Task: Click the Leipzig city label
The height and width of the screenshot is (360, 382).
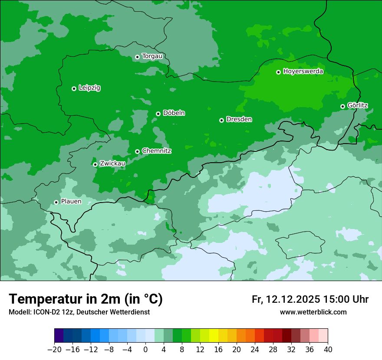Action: coord(89,88)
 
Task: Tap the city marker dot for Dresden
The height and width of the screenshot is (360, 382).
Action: coord(221,120)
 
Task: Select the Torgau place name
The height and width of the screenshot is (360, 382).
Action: coord(152,56)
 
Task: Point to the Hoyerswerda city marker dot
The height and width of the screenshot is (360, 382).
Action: coord(278,72)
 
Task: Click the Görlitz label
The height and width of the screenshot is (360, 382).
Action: coord(357,105)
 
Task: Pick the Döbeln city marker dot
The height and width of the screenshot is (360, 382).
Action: coord(158,114)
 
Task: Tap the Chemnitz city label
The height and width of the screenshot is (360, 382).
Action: coord(156,151)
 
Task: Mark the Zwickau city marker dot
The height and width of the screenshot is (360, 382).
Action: coord(95,164)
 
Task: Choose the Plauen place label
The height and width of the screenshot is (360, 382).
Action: coord(71,202)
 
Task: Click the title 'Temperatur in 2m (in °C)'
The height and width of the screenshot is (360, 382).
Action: coord(86,299)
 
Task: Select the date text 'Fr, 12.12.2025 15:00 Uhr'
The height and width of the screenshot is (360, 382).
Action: coord(310,299)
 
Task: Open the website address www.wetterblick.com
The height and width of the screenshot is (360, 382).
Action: coord(313,312)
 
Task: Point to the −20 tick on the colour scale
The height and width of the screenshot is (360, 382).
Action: coord(55,350)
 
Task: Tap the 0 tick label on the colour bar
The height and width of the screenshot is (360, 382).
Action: coord(145,350)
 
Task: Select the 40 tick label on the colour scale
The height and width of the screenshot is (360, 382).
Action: coord(328,350)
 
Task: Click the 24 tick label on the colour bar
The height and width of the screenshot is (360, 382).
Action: coord(255,350)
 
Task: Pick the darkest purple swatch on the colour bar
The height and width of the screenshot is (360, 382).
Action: coord(59,336)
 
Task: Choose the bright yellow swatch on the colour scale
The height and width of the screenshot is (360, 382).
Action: coord(214,336)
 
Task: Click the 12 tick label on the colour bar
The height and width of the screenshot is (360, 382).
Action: coord(200,350)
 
